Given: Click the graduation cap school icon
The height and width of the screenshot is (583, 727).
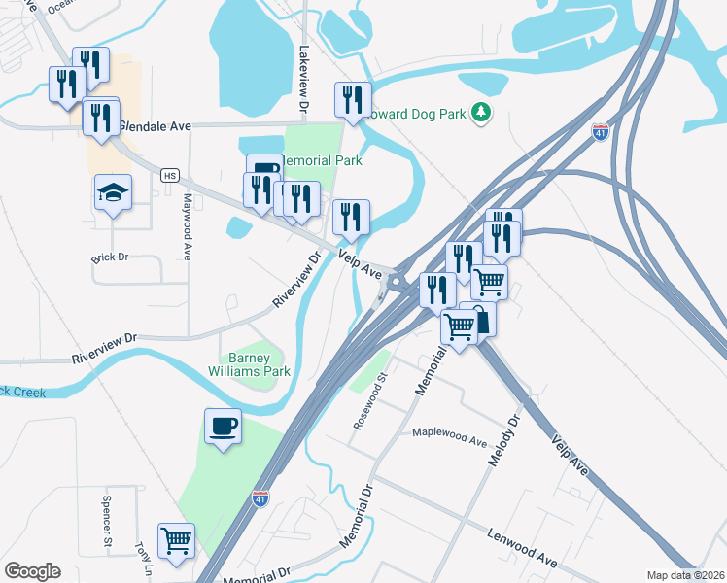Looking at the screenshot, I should (113, 191).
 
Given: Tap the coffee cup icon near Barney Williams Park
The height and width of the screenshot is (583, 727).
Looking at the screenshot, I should (223, 427).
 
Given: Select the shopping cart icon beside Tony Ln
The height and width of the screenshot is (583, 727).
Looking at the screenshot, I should (176, 540).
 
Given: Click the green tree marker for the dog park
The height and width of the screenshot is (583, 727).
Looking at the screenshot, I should (480, 113).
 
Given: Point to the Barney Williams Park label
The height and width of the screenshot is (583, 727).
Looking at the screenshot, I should (249, 364).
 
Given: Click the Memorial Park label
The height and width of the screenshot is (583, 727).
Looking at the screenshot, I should (320, 160).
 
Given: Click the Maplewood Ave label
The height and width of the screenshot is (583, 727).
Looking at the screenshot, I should (449, 436).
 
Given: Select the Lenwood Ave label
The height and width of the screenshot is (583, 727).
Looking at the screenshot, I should (524, 547).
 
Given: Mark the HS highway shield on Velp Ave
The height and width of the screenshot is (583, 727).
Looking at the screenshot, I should (170, 175).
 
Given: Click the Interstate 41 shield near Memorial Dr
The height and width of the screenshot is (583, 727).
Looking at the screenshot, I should (260, 498).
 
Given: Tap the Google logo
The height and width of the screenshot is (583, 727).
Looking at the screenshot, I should (32, 571).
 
